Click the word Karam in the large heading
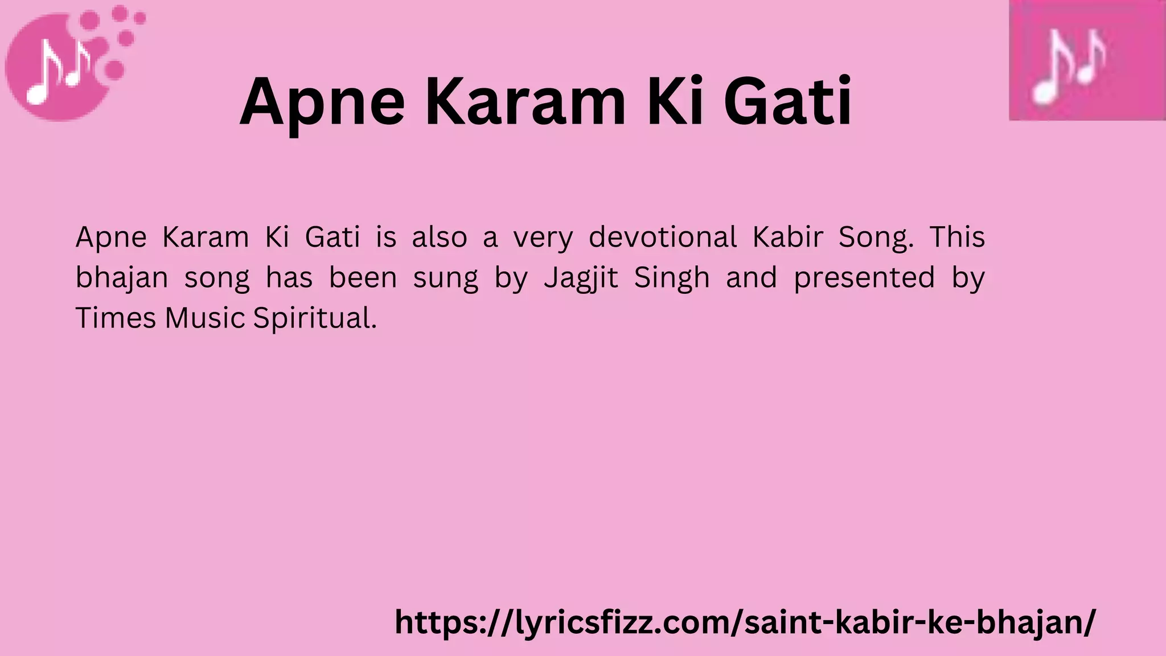coord(524,102)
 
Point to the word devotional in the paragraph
coord(663,237)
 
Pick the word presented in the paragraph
coord(864,278)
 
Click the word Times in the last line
coord(116,318)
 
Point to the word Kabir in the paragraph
coord(788,237)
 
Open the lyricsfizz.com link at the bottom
coord(745,622)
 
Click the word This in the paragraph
coord(957,237)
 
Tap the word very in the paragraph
coord(543,238)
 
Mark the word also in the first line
coord(439,237)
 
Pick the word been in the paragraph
coord(363,278)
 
